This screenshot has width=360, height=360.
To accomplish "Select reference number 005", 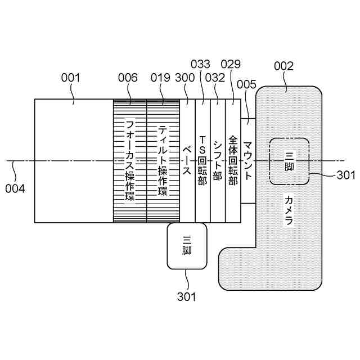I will [x=247, y=85].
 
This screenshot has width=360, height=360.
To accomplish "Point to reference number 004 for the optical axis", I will [x=16, y=188].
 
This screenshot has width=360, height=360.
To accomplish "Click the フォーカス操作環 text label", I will [x=130, y=160].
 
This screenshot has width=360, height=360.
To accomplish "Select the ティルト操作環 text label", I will [x=163, y=160].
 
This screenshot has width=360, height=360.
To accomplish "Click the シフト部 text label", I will [x=218, y=160].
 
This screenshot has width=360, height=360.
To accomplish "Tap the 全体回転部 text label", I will [x=233, y=160].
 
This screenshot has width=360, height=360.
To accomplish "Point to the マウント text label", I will [x=248, y=160].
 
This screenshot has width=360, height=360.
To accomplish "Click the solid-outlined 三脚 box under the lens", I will [x=187, y=246].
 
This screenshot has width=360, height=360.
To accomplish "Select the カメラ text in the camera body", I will [x=289, y=210].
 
